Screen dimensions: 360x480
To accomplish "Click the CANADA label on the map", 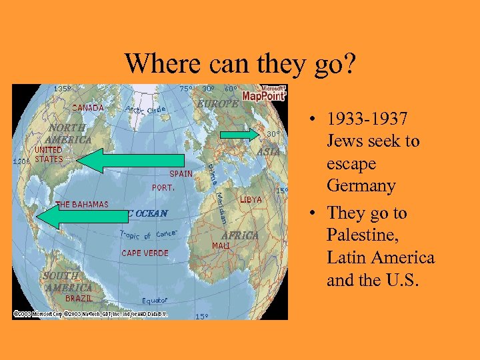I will [x=88, y=107].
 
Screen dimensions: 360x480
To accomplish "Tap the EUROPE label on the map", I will [x=217, y=104].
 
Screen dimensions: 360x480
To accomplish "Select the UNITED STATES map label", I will [x=49, y=155].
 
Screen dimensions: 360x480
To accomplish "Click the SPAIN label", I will [x=180, y=173].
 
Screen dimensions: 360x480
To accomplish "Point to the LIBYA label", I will [x=251, y=199].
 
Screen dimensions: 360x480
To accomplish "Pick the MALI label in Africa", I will [x=221, y=245].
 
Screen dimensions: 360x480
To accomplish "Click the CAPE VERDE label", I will [x=145, y=253].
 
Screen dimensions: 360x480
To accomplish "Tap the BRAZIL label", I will [x=79, y=299].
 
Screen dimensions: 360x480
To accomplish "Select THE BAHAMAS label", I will [x=83, y=204].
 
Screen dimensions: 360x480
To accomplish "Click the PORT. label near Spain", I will [x=163, y=188].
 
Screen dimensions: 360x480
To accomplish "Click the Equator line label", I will [x=155, y=301].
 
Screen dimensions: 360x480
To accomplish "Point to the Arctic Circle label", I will [x=145, y=109].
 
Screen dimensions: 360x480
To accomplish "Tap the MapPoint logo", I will [x=264, y=93].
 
